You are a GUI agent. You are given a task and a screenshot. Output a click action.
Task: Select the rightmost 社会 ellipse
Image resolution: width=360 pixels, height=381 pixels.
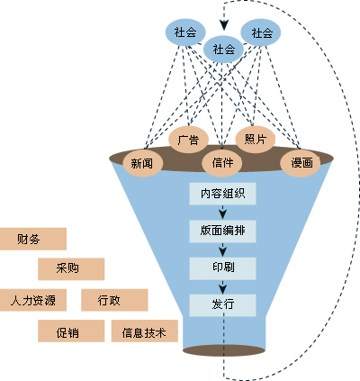[x=262, y=32]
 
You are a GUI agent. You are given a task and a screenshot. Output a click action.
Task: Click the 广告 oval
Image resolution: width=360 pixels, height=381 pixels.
[x=189, y=140]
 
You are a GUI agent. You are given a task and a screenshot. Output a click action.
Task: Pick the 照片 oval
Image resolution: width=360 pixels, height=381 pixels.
[x=256, y=139]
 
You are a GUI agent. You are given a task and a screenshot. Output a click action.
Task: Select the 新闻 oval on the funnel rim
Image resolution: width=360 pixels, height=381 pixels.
[x=141, y=163]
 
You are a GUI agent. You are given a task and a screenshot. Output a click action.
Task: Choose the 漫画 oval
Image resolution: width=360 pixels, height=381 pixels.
[x=301, y=163]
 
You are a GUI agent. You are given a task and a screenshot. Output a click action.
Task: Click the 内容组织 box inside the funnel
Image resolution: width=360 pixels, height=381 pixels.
[x=223, y=193]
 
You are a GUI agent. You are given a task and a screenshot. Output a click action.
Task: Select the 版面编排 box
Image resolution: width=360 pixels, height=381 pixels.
[x=223, y=231]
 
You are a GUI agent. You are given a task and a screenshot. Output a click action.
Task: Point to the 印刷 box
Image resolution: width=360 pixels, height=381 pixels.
[x=223, y=268]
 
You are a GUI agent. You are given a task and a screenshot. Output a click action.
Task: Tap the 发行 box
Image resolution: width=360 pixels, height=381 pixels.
[x=223, y=304]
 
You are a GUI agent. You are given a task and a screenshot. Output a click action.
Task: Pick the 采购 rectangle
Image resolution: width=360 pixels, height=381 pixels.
[x=71, y=268]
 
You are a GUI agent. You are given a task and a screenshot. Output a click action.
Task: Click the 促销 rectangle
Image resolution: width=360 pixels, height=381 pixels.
[x=71, y=331]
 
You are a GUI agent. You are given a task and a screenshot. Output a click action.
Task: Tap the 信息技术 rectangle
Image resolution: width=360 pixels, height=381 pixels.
[x=145, y=331]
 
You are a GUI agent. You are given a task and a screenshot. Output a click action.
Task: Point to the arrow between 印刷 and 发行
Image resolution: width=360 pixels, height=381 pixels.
[x=223, y=286]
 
